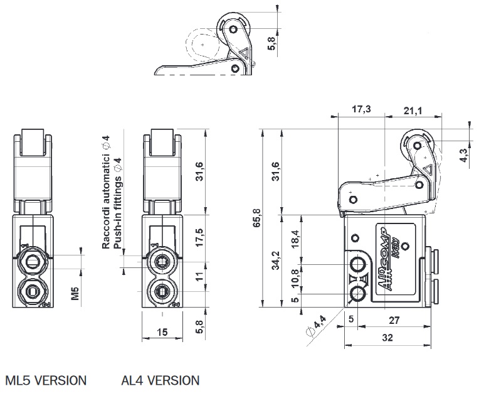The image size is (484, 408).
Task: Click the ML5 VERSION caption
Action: pos(46,380)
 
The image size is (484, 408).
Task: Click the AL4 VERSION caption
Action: pos(160,380)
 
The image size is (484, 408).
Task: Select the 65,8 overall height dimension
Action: pos(257,218)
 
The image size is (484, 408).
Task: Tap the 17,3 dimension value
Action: pos(361,109)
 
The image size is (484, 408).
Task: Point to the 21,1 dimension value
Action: pos(413,110)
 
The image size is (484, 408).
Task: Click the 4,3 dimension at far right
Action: pos(463,155)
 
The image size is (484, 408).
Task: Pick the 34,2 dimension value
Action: pos(276,260)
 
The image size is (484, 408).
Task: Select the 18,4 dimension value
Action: pos(295,239)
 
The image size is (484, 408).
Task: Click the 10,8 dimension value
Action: pos(295,278)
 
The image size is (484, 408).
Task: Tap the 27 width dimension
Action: pos(394,320)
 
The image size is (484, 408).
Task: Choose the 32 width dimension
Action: pos(387,337)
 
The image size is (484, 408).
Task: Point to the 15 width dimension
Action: pos(162,332)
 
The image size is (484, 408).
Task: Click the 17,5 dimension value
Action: pos(199,237)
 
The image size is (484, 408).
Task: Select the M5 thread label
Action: pos(75,294)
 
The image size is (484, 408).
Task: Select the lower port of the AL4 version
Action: pos(161,291)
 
